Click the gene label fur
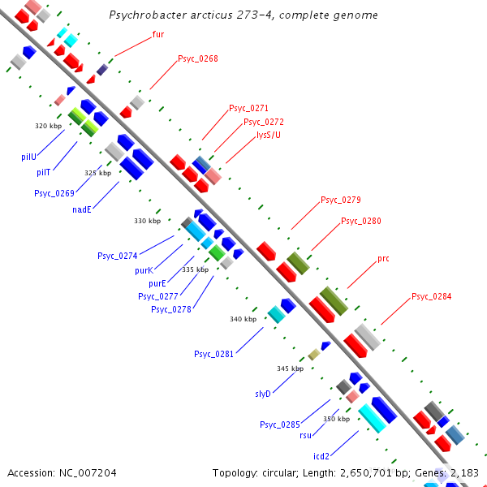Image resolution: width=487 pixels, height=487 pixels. (158, 35)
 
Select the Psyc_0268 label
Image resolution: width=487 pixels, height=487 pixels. (198, 58)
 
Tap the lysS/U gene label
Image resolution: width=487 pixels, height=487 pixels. (269, 135)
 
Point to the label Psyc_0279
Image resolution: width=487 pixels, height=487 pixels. (340, 200)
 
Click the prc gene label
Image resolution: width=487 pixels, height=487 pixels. (384, 259)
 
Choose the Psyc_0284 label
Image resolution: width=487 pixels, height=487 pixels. (431, 296)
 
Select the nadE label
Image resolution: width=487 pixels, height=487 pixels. (81, 209)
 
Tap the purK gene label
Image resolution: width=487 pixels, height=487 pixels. (144, 270)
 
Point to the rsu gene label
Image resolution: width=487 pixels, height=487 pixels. (306, 435)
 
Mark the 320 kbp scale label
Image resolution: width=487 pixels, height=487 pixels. (49, 126)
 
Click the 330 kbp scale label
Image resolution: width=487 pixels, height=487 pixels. (147, 221)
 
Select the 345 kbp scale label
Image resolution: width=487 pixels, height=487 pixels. (290, 368)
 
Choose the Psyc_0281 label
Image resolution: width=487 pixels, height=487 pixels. (213, 354)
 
